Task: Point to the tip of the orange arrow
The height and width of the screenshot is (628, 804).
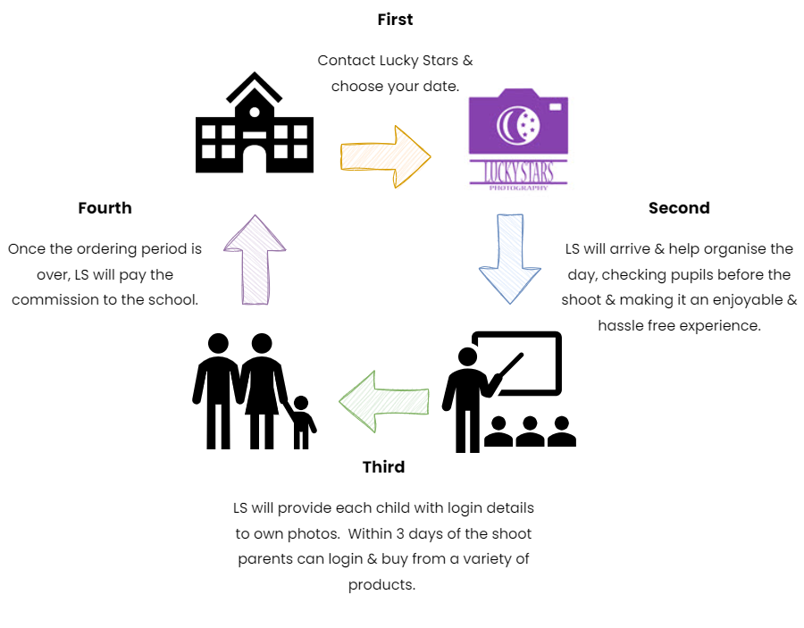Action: [430, 157]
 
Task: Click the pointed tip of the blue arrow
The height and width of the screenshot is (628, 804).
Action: [510, 302]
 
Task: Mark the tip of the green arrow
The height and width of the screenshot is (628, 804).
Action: [340, 401]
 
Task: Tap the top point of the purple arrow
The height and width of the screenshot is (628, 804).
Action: [255, 216]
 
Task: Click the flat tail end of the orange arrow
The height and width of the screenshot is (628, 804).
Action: [342, 157]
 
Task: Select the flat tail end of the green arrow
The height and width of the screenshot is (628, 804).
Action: [428, 401]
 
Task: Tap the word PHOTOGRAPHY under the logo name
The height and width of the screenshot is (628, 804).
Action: [518, 188]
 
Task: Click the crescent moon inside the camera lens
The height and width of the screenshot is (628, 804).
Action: [508, 125]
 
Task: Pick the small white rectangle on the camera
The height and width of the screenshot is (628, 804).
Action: [555, 107]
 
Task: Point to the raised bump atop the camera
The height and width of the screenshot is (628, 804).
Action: [518, 93]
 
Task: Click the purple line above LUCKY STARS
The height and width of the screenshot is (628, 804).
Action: [518, 161]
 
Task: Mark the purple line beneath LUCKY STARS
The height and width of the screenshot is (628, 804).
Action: [518, 183]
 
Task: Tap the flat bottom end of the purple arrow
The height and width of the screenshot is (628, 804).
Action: [255, 304]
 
